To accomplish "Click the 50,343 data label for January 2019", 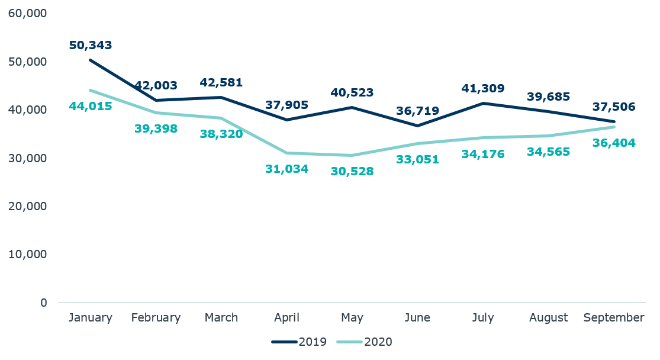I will tap(91, 46).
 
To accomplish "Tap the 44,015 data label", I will tap(91, 107).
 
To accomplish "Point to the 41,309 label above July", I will tap(483, 89).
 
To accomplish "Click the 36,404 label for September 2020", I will tap(614, 143).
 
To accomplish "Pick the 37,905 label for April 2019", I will tap(287, 105).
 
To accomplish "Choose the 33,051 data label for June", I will tap(417, 159).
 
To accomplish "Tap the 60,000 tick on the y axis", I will tap(28, 13).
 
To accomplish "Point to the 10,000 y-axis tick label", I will tap(28, 254).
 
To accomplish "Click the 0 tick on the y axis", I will tap(44, 303).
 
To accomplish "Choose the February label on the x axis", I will tap(156, 318).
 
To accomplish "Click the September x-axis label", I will tap(614, 318).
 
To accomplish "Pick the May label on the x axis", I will tap(352, 318).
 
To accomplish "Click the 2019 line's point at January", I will tap(91, 60).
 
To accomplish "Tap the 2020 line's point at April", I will tap(287, 153).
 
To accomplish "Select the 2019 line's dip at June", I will tap(417, 126).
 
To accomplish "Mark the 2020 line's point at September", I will tap(614, 127).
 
